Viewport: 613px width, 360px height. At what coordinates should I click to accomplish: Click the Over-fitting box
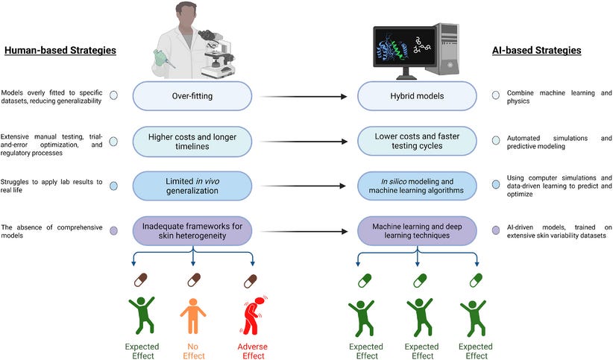tap(194, 96)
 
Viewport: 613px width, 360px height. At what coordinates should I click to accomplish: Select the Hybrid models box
tap(416, 96)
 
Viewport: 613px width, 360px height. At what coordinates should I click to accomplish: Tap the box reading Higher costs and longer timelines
tap(194, 141)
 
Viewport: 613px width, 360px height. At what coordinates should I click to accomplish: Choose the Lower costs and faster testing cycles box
tap(416, 141)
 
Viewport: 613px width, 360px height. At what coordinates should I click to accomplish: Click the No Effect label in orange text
tap(193, 351)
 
